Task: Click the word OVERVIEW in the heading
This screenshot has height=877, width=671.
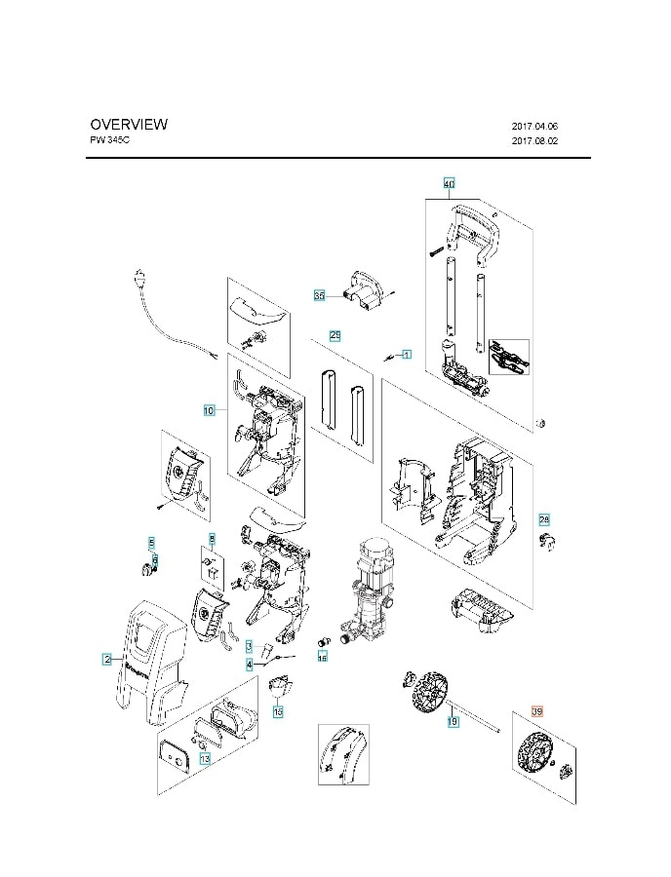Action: tap(129, 124)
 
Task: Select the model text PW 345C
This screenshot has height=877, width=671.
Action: tap(109, 140)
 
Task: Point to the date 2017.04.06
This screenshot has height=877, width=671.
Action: tap(534, 126)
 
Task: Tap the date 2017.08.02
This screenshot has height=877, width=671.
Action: tap(534, 141)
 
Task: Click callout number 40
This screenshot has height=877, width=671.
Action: tap(449, 183)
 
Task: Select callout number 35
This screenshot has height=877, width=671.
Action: tap(319, 294)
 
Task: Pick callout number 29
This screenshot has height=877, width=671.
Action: tap(335, 335)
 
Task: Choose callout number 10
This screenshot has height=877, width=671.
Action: tap(209, 410)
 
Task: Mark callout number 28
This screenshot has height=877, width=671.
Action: tap(544, 519)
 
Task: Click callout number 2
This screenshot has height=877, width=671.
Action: tap(106, 660)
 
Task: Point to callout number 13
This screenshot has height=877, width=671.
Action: tap(205, 758)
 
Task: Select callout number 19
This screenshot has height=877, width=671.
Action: tap(453, 722)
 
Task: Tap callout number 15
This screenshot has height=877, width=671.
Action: tap(278, 713)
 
